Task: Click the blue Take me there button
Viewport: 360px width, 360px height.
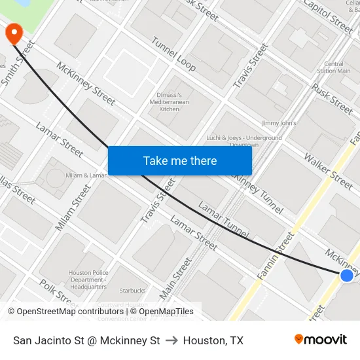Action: pos(180,160)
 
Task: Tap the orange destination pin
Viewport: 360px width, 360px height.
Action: pos(13,33)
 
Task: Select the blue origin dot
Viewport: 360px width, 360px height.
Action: pos(347,276)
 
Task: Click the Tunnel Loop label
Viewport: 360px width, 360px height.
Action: pos(173,54)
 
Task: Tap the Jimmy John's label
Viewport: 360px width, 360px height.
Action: pos(279,123)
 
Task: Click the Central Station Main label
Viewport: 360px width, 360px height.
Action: pos(334,67)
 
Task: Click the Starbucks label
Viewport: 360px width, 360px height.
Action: pos(132,290)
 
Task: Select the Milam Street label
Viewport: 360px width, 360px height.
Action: pos(73,207)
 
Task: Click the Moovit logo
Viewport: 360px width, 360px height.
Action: pos(321,340)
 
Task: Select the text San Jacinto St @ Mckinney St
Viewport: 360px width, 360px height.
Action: pos(86,340)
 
